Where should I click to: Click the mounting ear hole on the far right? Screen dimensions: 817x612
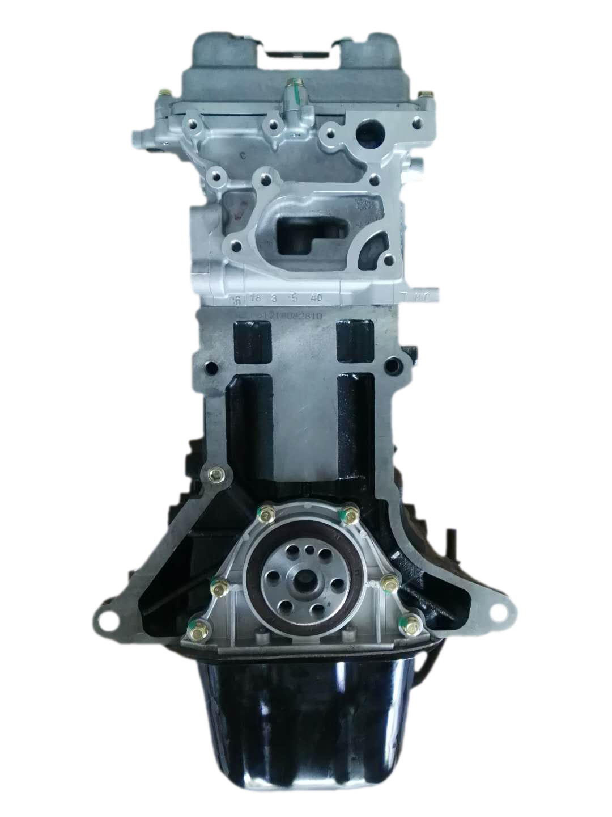(x=498, y=610)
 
